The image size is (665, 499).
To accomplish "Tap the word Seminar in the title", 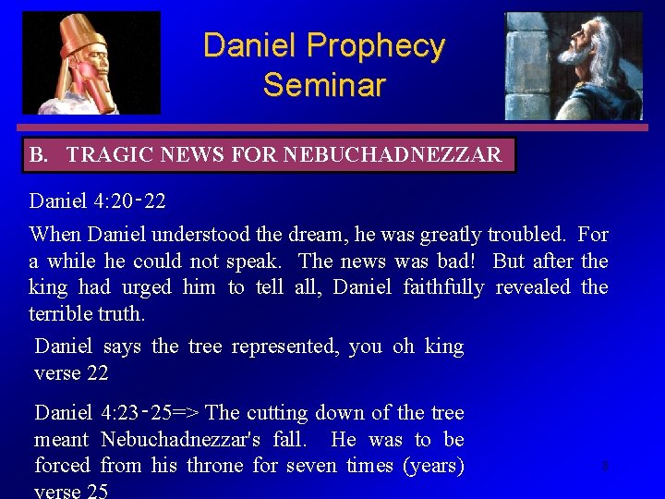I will pyautogui.click(x=323, y=85).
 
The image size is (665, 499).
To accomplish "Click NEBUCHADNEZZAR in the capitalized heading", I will pyautogui.click(x=393, y=155).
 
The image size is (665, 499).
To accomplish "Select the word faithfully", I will pyautogui.click(x=443, y=287).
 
